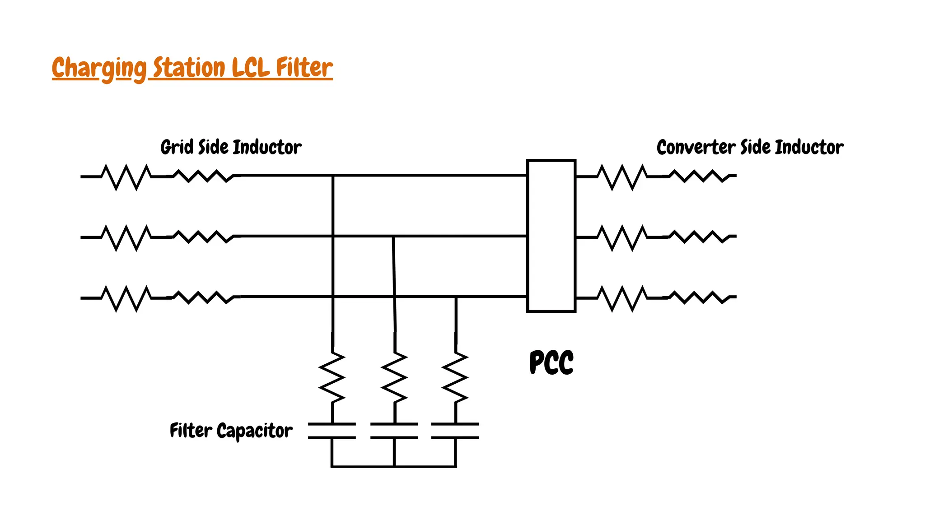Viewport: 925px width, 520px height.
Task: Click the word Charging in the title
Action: coord(98,68)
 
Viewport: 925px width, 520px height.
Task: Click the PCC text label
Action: coord(551,362)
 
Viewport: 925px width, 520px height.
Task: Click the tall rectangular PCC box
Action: coord(551,236)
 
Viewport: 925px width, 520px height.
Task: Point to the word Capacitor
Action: coord(254,431)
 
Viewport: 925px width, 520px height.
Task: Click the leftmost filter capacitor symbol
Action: coord(332,431)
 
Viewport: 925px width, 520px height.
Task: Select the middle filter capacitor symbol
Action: coord(394,431)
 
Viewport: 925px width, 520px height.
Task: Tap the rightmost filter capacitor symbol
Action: coord(455,431)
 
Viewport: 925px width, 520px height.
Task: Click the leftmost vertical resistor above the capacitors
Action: coord(332,377)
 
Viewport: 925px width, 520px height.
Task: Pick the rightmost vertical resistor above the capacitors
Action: coord(455,377)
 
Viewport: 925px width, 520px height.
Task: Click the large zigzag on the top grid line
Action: coord(126,177)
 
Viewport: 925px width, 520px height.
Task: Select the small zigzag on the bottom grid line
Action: coord(203,297)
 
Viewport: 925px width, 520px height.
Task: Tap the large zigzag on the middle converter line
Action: coord(622,237)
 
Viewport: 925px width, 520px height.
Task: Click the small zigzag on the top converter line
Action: coord(699,176)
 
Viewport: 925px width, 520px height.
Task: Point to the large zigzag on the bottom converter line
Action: coord(622,298)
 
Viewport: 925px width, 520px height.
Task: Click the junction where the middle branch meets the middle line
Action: coord(393,236)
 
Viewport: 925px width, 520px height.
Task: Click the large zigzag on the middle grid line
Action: coord(126,237)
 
